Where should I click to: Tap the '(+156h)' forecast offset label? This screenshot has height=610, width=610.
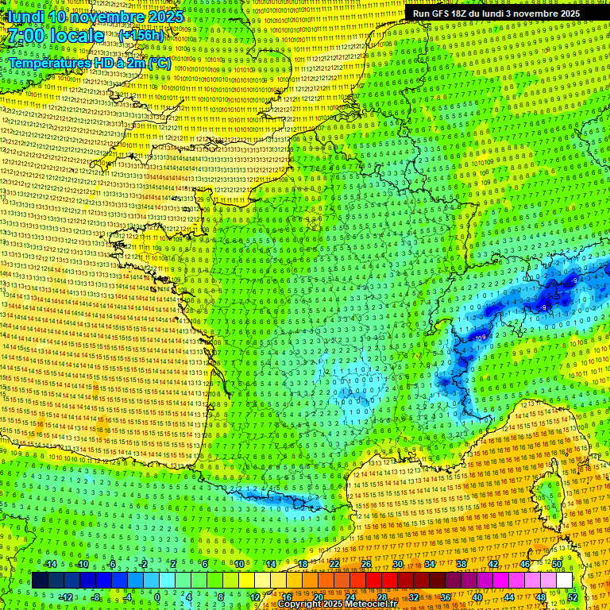click(x=141, y=35)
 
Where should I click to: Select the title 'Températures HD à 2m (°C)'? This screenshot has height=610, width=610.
click(x=89, y=62)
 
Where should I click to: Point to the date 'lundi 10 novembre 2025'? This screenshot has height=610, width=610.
click(x=94, y=16)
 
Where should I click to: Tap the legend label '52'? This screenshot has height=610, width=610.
click(x=573, y=596)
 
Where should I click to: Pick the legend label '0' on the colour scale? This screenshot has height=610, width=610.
click(x=157, y=596)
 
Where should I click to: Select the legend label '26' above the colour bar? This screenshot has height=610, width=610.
click(x=366, y=564)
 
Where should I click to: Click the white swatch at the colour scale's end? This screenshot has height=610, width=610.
click(x=564, y=581)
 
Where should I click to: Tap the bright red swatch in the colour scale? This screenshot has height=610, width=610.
click(x=374, y=581)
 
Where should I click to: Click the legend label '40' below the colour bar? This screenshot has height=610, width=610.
click(x=477, y=596)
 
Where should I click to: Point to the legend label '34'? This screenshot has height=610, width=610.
click(x=430, y=564)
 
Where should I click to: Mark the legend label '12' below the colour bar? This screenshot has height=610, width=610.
click(x=254, y=596)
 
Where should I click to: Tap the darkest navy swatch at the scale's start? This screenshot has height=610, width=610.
click(x=40, y=581)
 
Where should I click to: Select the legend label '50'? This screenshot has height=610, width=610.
click(x=557, y=564)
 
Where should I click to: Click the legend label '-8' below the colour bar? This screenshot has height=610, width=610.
click(x=95, y=596)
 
